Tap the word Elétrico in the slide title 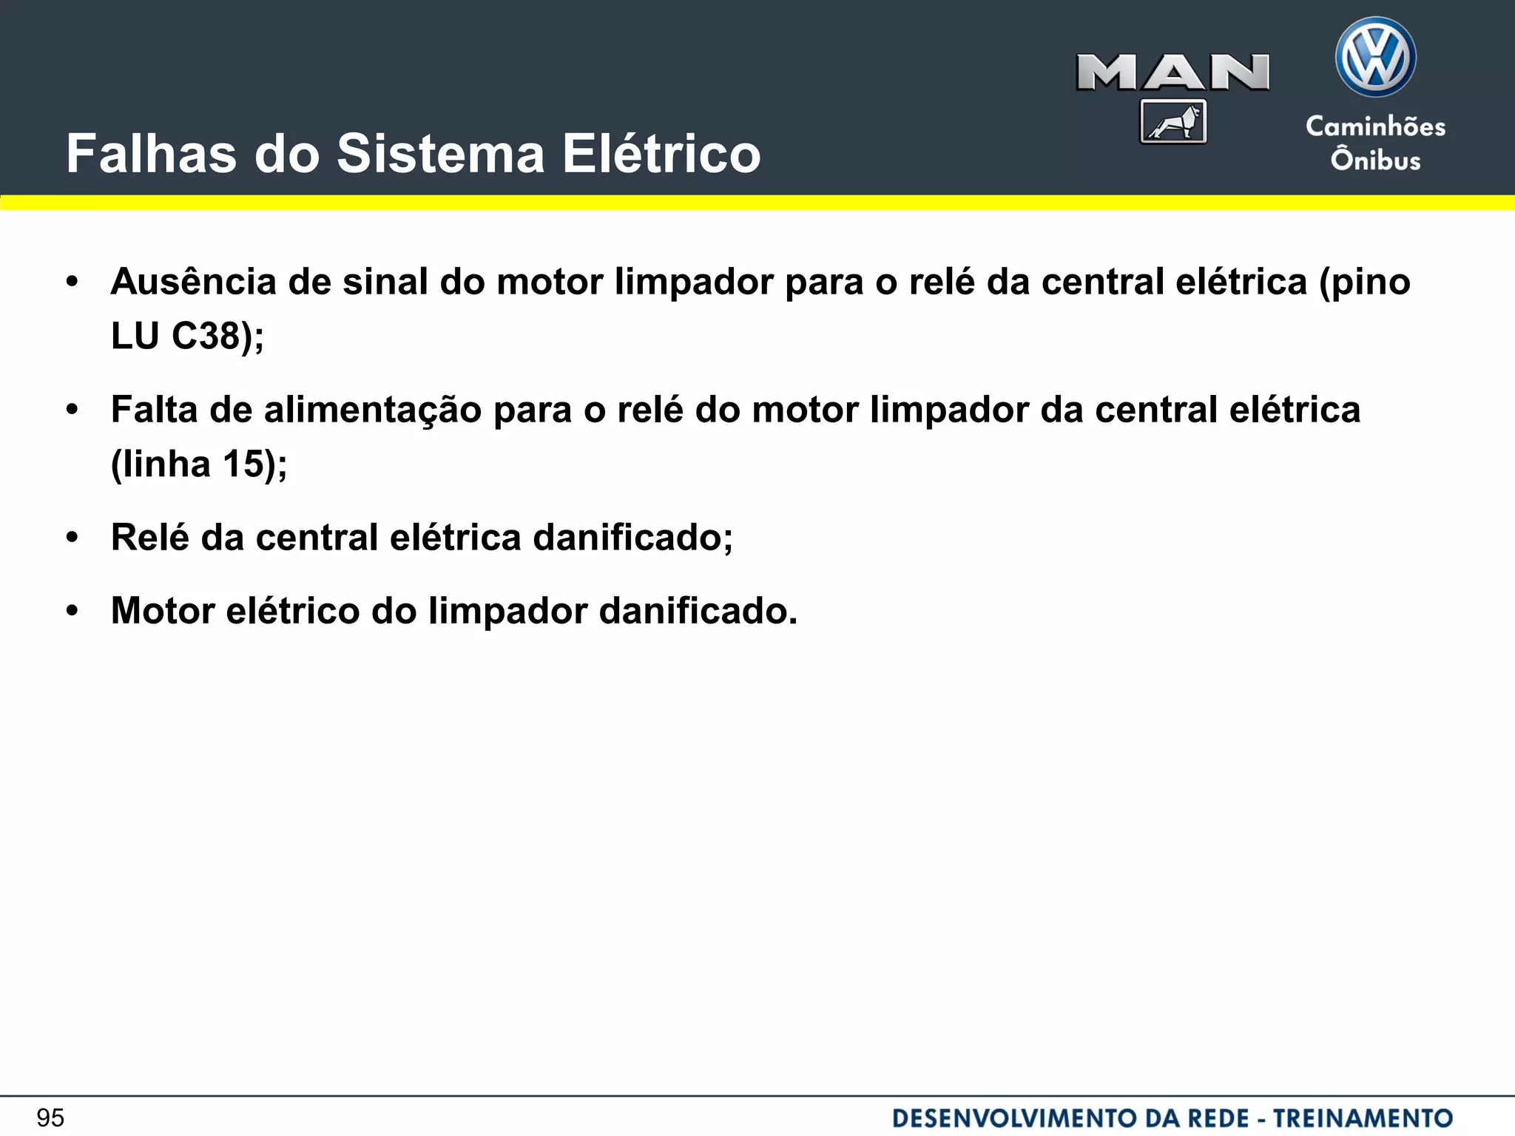(661, 155)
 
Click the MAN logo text (1172, 72)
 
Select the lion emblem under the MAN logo (1173, 122)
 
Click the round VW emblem (1375, 58)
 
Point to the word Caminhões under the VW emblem (1375, 126)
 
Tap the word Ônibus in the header (1375, 160)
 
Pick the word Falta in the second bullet (154, 410)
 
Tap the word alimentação (373, 410)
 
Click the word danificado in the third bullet (627, 537)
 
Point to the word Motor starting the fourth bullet (163, 611)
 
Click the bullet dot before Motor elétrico (72, 612)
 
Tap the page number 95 (50, 1118)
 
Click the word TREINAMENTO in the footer (1363, 1118)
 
